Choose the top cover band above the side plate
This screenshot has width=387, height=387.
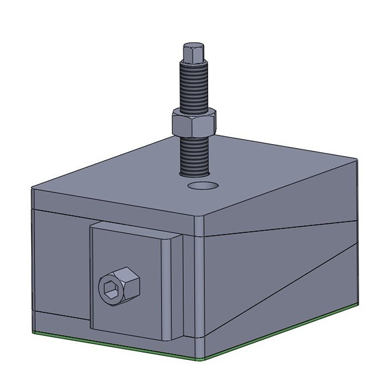tap(111, 201)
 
